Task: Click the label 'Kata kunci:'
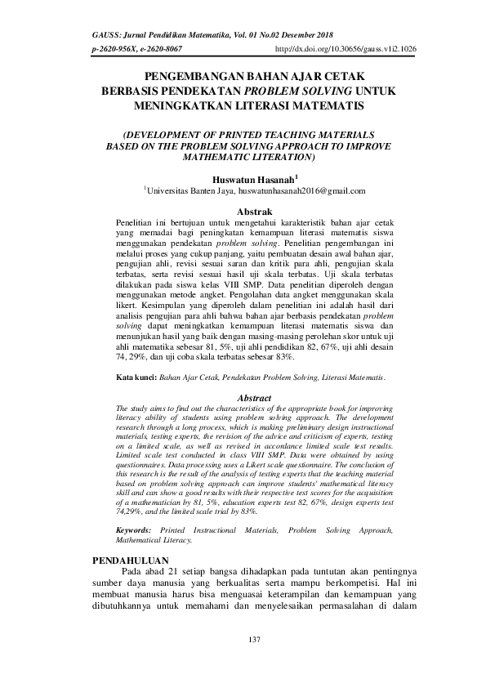(136, 378)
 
